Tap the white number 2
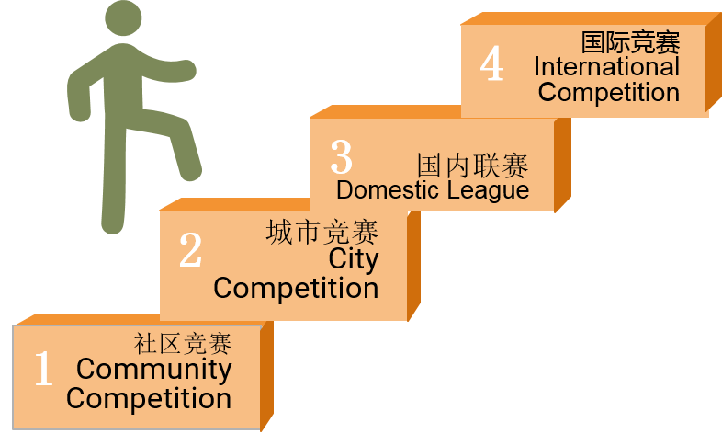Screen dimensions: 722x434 (x=191, y=249)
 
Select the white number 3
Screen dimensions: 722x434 (x=341, y=156)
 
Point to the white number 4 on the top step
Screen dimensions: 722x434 (x=491, y=63)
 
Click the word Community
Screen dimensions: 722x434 (x=153, y=370)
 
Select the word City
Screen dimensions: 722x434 (x=353, y=259)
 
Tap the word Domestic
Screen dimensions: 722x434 (x=388, y=189)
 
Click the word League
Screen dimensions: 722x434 (x=489, y=190)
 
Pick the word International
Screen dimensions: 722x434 (x=606, y=66)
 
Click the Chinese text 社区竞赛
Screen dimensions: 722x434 (x=183, y=344)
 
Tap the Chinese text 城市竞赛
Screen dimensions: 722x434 (x=322, y=232)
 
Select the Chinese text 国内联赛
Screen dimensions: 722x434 (x=472, y=165)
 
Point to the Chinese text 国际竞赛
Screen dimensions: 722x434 (x=630, y=42)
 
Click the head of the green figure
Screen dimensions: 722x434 (x=123, y=17)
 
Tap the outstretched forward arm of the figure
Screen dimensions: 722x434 (x=165, y=69)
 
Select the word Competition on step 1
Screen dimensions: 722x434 (x=148, y=399)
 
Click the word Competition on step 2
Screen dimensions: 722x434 (x=296, y=289)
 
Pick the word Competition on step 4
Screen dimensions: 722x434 (x=609, y=92)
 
